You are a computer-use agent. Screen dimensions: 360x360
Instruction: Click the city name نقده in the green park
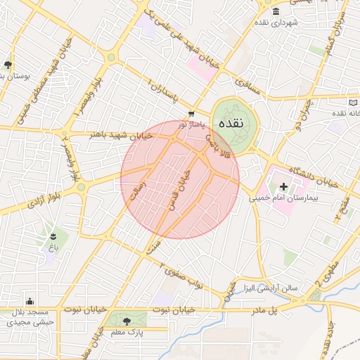pyautogui.click(x=231, y=123)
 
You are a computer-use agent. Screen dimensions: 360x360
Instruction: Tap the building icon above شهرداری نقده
pyautogui.click(x=275, y=12)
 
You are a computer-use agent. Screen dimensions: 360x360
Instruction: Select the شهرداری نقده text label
pyautogui.click(x=276, y=23)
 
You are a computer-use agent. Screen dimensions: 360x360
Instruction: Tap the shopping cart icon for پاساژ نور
pyautogui.click(x=191, y=114)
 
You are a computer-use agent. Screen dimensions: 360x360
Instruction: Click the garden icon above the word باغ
pyautogui.click(x=53, y=234)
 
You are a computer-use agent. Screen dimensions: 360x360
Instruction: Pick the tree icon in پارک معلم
pyautogui.click(x=125, y=321)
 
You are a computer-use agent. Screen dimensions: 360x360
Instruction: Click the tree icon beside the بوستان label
pyautogui.click(x=8, y=64)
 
